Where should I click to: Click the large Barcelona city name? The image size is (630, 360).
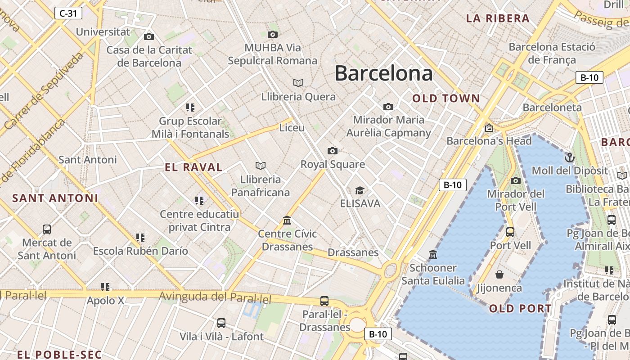tap(383, 73)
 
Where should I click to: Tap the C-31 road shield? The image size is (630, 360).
tap(68, 13)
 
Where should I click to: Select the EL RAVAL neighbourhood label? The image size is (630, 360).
tap(193, 168)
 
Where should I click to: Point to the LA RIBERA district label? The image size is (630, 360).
tap(498, 19)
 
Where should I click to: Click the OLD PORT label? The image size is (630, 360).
tap(520, 309)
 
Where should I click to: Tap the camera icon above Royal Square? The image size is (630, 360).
tap(333, 151)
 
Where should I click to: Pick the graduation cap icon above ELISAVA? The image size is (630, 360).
tap(360, 190)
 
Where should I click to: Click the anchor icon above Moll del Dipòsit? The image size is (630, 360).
tap(570, 157)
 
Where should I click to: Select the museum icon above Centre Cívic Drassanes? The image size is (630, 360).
tap(287, 220)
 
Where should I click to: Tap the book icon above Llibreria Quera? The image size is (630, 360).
tap(298, 83)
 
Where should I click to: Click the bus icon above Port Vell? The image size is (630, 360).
tap(510, 232)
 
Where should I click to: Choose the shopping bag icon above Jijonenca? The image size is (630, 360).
tap(499, 274)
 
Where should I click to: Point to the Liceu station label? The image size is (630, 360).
tap(292, 128)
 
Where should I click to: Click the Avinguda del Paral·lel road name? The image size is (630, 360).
tap(216, 297)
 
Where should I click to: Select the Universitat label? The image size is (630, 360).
tap(103, 32)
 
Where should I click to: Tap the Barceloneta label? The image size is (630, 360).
tap(552, 108)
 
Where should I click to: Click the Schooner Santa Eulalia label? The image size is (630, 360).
tap(433, 274)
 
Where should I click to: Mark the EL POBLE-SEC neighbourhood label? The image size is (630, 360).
tap(60, 355)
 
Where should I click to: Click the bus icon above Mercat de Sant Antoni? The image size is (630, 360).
tap(47, 229)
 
